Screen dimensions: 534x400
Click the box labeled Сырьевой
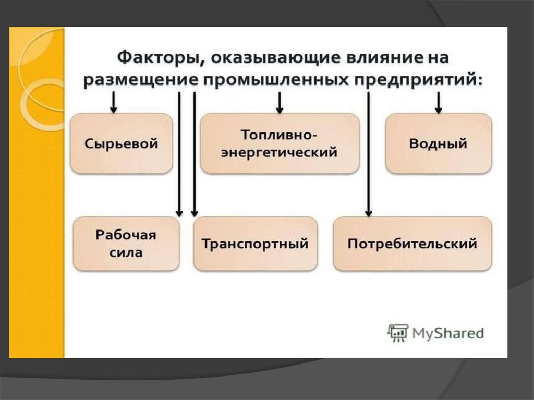point(121,143)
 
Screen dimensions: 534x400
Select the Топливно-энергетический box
point(280,143)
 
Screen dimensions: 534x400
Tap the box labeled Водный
point(438,143)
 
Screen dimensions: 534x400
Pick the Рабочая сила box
point(126,244)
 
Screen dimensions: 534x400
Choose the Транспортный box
point(255,244)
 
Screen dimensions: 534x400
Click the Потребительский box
point(412,244)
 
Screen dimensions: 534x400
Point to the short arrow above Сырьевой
point(113,102)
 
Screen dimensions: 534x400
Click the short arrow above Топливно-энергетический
point(280,102)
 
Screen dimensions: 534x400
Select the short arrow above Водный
point(439,102)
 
